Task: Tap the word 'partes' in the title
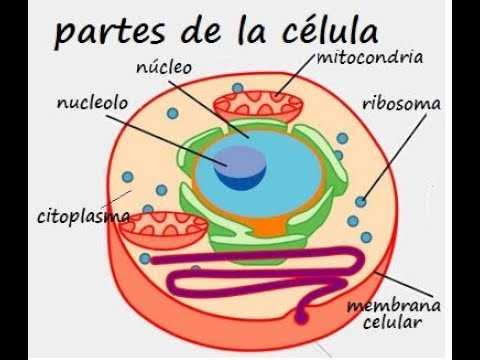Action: tap(110, 33)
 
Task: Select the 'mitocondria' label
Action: tap(370, 57)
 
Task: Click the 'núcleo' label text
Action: tap(164, 67)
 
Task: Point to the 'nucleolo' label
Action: tap(92, 102)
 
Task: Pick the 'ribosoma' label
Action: tap(401, 104)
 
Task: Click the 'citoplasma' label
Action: tap(84, 217)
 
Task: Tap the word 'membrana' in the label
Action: tap(394, 306)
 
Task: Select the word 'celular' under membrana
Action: tap(392, 322)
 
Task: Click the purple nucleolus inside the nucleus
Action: tap(240, 168)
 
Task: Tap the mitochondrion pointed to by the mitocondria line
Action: tap(258, 107)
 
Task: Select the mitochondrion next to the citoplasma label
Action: tap(163, 231)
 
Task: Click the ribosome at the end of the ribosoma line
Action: tap(360, 202)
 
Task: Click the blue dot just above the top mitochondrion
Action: tap(238, 88)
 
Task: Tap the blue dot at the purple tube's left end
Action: tap(145, 258)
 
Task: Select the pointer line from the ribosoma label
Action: tap(395, 157)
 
